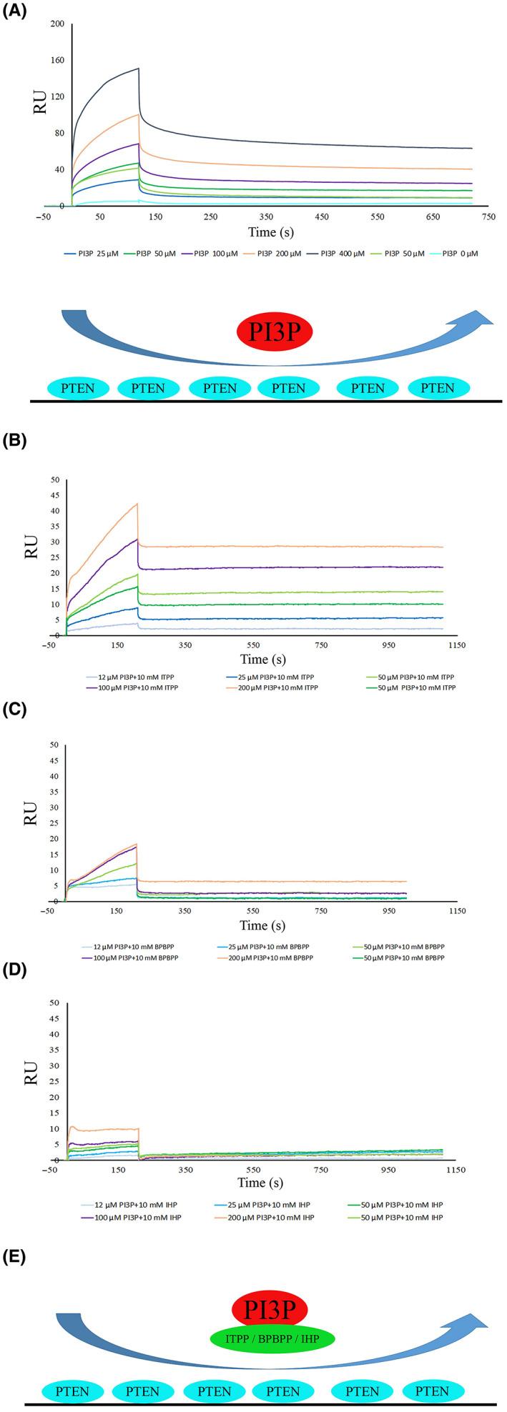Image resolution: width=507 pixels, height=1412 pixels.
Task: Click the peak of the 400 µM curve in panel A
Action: tap(138, 69)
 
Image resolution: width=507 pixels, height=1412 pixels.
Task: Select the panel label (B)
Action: tap(16, 441)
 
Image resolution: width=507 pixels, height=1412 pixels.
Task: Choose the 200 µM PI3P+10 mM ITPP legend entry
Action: tap(277, 687)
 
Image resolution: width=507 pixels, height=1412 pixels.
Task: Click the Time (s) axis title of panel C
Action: tap(263, 925)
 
